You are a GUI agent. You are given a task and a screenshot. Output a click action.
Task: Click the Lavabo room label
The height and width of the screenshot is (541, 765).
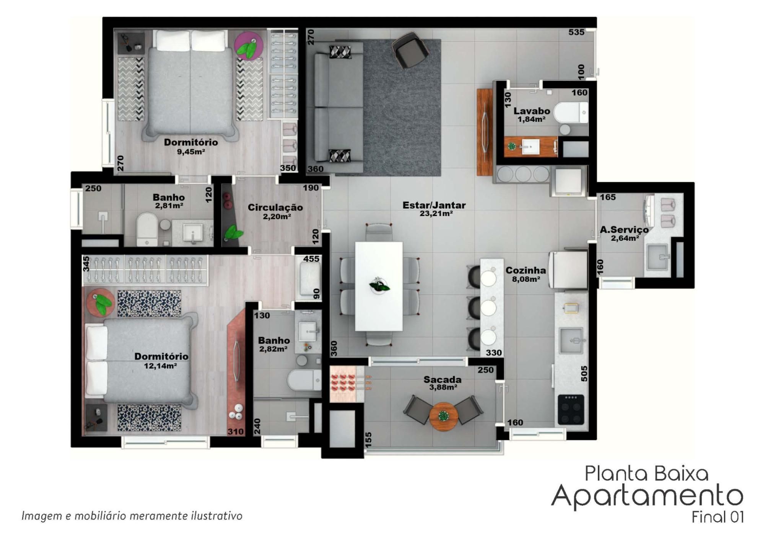532,111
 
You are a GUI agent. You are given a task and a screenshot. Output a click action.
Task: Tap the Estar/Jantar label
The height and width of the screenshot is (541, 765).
434,205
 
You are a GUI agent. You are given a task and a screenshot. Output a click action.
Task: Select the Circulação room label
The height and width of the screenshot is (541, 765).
275,208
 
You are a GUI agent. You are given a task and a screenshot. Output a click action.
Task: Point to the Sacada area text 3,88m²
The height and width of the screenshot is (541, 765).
443,387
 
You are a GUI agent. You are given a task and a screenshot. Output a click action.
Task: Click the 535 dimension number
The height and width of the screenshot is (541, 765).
576,32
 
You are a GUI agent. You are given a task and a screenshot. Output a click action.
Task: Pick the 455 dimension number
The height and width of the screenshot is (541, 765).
311,259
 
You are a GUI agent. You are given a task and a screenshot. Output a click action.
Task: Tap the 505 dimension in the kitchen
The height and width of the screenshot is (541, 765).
584,373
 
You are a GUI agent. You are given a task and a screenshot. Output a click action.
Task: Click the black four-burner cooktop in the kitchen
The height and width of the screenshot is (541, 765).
571,410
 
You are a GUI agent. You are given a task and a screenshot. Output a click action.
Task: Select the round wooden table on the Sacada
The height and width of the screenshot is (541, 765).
443,416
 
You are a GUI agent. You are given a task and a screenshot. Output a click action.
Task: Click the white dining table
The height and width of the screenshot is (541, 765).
379,286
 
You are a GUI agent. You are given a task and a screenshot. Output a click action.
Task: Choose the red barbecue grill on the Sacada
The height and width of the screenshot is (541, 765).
343,384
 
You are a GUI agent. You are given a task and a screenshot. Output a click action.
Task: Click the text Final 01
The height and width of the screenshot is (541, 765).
718,517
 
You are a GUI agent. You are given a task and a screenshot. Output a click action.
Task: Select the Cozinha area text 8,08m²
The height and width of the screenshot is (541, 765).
526,279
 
